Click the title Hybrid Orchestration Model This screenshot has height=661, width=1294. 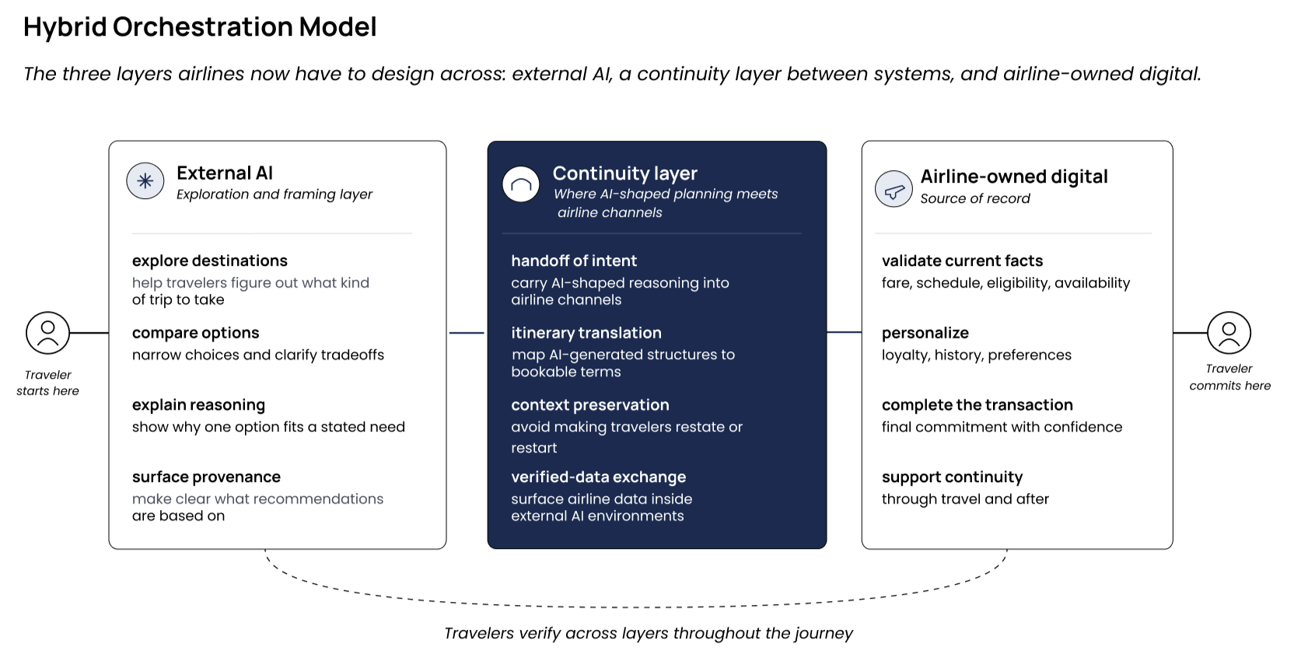[x=200, y=26]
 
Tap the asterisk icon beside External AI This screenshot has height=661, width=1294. [x=145, y=181]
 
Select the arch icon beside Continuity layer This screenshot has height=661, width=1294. [x=520, y=184]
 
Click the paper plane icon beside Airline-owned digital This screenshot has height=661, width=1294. [x=894, y=189]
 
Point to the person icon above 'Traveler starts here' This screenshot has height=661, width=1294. [x=48, y=333]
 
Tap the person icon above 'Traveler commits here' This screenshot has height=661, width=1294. [x=1229, y=333]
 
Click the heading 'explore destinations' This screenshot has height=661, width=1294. [x=210, y=261]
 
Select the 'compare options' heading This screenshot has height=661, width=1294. [x=195, y=333]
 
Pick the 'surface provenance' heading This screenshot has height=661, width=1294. [x=206, y=477]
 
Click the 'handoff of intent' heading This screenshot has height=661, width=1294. [x=574, y=261]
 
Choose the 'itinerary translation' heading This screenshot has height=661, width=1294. [x=586, y=333]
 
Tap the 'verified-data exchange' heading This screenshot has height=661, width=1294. [x=599, y=477]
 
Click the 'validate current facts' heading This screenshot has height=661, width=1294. [x=963, y=261]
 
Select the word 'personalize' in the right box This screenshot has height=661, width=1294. [x=925, y=333]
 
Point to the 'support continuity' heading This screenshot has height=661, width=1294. [x=952, y=477]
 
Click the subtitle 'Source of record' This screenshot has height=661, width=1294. [x=975, y=198]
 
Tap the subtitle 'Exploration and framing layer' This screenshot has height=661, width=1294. [x=275, y=194]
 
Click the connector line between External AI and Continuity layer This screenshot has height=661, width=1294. [x=467, y=333]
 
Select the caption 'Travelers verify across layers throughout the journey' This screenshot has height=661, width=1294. [x=648, y=633]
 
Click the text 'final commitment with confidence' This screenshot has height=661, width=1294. [x=1002, y=427]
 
